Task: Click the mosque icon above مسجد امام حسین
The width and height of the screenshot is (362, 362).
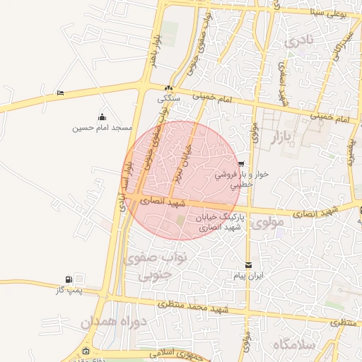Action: coord(103,117)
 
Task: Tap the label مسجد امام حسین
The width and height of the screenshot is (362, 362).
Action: coord(103,129)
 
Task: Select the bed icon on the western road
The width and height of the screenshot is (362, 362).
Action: coord(60,93)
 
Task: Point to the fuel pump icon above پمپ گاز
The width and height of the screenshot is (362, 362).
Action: coord(69,279)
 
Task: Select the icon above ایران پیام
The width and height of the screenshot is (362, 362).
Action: coord(249,264)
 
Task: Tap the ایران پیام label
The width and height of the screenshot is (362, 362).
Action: coord(250,276)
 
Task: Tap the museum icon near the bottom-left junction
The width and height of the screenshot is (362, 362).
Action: coord(86,351)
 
